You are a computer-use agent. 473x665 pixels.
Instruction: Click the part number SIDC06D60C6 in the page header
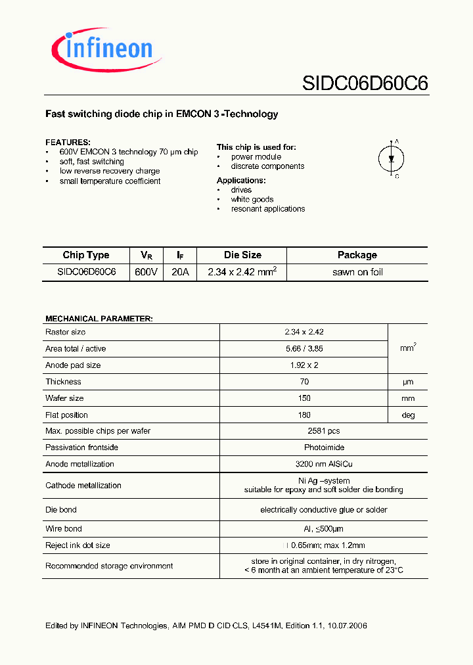(x=365, y=83)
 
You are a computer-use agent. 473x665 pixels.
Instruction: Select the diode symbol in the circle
(x=392, y=158)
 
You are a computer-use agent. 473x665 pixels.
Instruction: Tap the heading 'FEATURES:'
(x=68, y=142)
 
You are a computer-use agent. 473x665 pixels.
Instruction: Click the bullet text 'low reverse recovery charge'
(x=110, y=171)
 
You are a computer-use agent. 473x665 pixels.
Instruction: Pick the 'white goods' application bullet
(x=252, y=199)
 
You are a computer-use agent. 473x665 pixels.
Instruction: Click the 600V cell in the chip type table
(x=146, y=272)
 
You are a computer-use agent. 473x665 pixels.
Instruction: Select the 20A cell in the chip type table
(x=179, y=272)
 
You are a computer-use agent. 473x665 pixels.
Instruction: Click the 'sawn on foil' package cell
(x=357, y=272)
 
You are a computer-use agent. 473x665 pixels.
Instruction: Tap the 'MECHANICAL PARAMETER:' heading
(x=99, y=319)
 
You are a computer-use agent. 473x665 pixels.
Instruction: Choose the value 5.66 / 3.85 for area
(x=304, y=348)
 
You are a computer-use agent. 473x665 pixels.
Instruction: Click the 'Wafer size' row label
(x=64, y=398)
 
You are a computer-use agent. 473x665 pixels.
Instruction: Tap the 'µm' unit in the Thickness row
(x=408, y=382)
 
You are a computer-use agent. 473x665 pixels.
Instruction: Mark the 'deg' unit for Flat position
(x=408, y=415)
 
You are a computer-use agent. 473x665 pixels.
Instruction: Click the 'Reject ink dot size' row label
(x=78, y=545)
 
